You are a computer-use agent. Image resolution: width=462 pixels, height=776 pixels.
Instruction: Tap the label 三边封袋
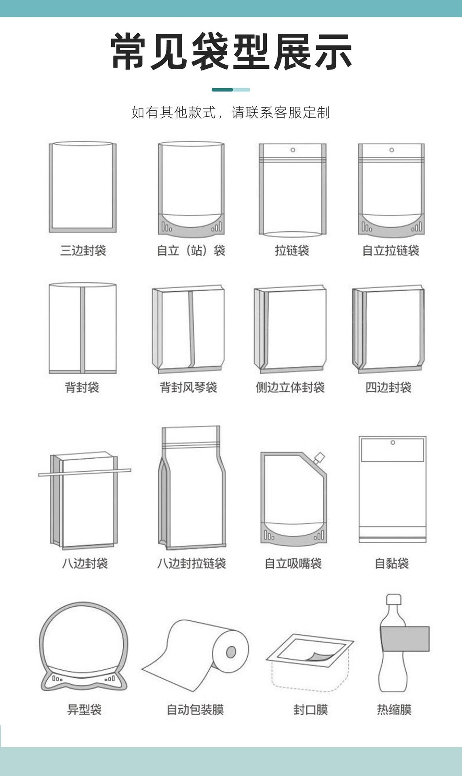(83, 251)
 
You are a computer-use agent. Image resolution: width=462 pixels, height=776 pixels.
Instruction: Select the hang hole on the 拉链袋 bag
(293, 150)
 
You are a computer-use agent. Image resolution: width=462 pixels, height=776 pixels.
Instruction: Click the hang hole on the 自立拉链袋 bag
(391, 150)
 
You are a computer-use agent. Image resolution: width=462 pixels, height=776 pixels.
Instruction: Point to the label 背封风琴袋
(188, 388)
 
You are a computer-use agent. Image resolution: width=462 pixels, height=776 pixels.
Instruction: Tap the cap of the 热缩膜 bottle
(393, 599)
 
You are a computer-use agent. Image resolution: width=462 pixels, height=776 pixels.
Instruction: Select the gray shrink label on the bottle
(405, 639)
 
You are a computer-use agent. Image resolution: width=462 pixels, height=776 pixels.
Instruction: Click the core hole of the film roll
(231, 652)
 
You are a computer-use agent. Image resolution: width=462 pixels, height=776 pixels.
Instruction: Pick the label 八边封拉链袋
(191, 563)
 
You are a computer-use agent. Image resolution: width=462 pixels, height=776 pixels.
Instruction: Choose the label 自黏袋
(392, 563)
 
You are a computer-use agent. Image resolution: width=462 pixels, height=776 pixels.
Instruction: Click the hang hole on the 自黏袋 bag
(392, 443)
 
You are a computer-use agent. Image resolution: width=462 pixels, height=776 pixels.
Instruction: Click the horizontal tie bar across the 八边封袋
(85, 472)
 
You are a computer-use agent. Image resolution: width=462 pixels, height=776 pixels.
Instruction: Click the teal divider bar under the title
(231, 90)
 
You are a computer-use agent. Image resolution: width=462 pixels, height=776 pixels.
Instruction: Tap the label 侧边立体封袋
(290, 388)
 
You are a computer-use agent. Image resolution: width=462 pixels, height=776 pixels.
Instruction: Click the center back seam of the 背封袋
(82, 329)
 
